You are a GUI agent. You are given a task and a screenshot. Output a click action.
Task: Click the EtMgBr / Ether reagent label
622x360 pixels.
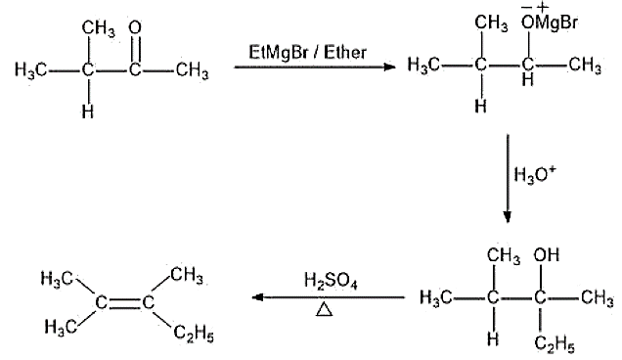(x=307, y=53)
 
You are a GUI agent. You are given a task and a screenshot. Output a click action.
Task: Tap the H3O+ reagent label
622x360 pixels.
(x=535, y=174)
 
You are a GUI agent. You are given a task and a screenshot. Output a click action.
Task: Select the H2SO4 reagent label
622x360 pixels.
(x=331, y=281)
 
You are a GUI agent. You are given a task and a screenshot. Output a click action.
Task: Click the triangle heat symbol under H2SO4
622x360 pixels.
(x=324, y=309)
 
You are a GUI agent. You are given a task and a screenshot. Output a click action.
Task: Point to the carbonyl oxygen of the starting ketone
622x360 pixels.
(x=135, y=27)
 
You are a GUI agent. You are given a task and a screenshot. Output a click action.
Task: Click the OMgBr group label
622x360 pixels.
(x=550, y=22)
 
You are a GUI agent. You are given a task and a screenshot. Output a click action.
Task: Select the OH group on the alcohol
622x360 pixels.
(x=547, y=254)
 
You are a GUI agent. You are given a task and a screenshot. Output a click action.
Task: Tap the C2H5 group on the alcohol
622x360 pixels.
(x=555, y=343)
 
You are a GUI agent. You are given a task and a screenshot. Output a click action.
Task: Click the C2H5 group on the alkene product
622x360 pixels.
(x=194, y=333)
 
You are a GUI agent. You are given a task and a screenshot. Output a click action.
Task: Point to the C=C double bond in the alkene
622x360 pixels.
(x=124, y=303)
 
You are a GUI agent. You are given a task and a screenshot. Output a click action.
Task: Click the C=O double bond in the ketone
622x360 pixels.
(x=135, y=49)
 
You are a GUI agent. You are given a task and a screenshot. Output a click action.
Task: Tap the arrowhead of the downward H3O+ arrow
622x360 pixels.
(x=507, y=217)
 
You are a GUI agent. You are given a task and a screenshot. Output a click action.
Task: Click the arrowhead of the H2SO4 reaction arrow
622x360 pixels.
(x=258, y=297)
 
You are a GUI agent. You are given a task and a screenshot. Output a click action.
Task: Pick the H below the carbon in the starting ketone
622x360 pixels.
(x=88, y=112)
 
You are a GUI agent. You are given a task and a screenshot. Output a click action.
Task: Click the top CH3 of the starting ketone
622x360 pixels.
(x=99, y=29)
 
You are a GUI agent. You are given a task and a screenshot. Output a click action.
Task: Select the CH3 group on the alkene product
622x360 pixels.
(x=187, y=275)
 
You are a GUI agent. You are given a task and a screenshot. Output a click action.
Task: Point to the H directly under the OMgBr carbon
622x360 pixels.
(x=527, y=80)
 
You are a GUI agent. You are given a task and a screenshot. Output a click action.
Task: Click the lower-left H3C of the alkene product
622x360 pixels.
(x=61, y=328)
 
